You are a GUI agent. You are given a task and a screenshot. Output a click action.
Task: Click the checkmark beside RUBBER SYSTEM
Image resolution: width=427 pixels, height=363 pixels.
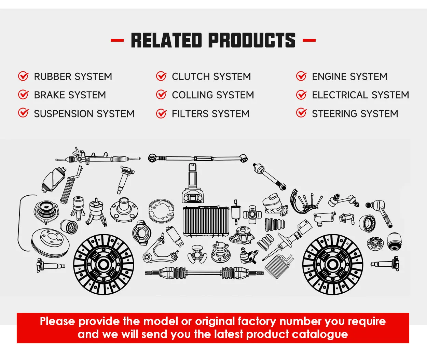click(x=23, y=76)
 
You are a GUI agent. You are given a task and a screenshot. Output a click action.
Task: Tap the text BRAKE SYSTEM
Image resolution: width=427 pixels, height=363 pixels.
click(x=70, y=95)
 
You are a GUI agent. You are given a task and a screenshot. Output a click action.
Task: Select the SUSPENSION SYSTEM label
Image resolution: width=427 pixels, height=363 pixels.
click(x=84, y=114)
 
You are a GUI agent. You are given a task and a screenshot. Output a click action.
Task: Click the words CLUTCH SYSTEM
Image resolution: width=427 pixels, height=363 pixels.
click(x=211, y=76)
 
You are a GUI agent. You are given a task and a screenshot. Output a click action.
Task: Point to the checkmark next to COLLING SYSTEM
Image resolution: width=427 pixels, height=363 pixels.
click(x=161, y=95)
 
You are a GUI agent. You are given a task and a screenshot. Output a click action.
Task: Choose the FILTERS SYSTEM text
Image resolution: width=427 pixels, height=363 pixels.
click(x=210, y=114)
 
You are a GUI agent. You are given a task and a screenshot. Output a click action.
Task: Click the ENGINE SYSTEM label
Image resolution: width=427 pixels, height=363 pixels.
click(x=349, y=76)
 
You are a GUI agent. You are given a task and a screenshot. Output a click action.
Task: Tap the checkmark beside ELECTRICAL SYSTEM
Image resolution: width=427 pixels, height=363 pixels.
click(x=301, y=95)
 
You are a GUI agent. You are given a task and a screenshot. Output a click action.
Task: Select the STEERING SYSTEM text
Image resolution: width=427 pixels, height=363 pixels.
click(x=355, y=114)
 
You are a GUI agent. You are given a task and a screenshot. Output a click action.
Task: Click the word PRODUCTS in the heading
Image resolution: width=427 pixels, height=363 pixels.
click(x=252, y=40)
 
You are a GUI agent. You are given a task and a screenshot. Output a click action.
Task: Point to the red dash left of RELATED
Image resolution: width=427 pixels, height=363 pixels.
click(x=117, y=40)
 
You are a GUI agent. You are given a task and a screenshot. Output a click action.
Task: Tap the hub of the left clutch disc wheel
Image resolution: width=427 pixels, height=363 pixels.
click(x=104, y=264)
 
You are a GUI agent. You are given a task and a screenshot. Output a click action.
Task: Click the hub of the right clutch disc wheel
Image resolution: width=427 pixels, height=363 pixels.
click(x=333, y=264)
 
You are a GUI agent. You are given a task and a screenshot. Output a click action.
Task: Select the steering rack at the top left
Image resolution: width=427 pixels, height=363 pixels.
click(x=97, y=157)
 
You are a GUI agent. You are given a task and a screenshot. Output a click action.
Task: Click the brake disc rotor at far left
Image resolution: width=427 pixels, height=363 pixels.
click(x=50, y=242)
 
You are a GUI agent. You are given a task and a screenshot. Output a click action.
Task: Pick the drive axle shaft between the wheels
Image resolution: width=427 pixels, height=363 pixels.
click(x=204, y=273)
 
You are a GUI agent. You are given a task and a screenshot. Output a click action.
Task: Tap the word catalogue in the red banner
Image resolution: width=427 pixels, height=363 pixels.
click(x=322, y=334)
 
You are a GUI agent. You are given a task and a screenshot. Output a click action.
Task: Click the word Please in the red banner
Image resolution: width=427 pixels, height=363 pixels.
click(x=57, y=321)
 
